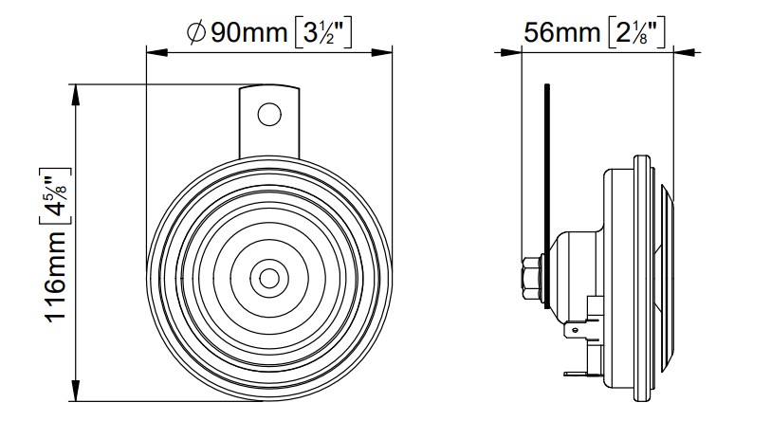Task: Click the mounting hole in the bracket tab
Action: [x=269, y=115]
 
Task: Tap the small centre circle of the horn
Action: [x=269, y=278]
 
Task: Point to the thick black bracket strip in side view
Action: [x=547, y=190]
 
